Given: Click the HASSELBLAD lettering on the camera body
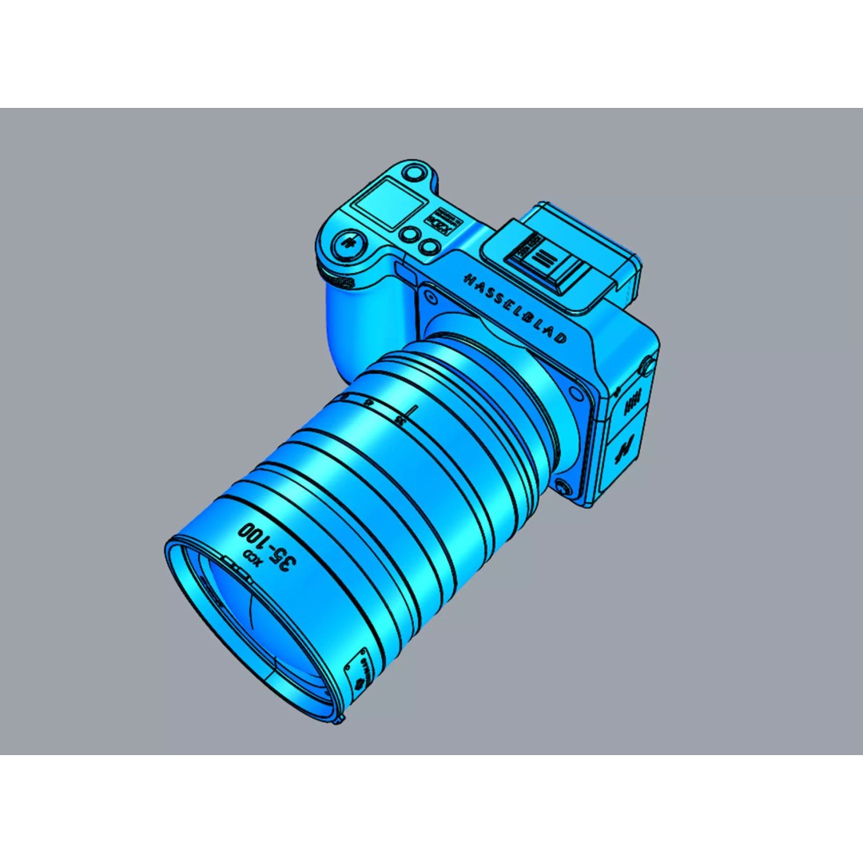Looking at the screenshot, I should (515, 307).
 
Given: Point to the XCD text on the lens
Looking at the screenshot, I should (249, 555).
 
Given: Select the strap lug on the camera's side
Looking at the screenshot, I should (648, 366).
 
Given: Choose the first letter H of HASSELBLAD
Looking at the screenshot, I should (467, 276).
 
